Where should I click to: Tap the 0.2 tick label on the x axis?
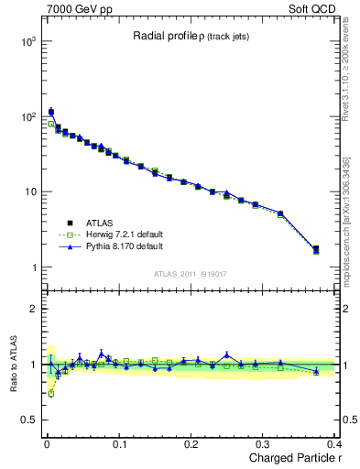click(191, 444)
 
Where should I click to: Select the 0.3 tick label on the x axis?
click(263, 444)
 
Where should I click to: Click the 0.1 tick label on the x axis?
click(118, 444)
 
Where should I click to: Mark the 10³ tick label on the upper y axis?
click(27, 42)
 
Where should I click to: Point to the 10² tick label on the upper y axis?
click(27, 117)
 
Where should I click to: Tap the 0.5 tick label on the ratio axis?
click(28, 420)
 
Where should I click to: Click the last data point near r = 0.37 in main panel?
click(316, 249)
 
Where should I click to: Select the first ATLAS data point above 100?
click(51, 112)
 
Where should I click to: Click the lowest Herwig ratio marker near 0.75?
click(51, 393)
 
